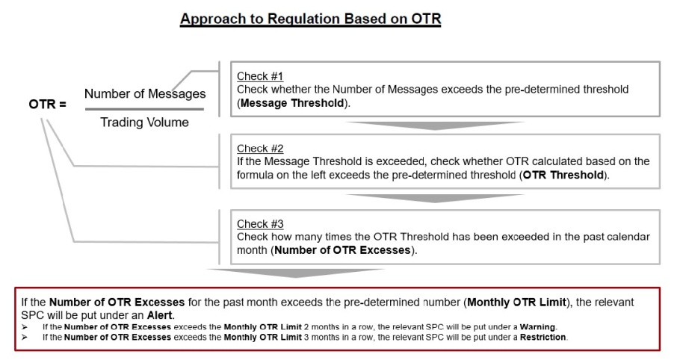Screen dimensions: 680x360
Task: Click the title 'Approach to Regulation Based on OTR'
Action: (x=311, y=19)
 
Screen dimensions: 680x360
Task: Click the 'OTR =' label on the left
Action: (x=48, y=105)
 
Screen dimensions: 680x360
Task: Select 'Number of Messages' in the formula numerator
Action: (x=145, y=93)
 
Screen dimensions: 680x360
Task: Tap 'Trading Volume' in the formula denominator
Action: (x=144, y=122)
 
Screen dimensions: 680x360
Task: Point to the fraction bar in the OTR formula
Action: (x=144, y=109)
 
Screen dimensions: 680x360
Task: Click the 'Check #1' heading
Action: (x=260, y=76)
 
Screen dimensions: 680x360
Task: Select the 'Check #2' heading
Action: (x=260, y=148)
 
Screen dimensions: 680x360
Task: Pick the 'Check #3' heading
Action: (x=260, y=223)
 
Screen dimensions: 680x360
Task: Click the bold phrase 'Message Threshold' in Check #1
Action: (x=292, y=103)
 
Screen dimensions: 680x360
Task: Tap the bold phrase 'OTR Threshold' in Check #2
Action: (x=563, y=175)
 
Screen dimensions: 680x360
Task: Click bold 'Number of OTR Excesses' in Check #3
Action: (x=342, y=250)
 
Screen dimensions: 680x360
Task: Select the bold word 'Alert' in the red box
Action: (x=160, y=315)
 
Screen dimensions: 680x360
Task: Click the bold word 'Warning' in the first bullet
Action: (x=537, y=327)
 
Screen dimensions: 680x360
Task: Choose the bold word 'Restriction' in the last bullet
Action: (x=543, y=337)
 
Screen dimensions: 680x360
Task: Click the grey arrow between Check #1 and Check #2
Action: (x=435, y=125)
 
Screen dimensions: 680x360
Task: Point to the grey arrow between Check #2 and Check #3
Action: (x=435, y=198)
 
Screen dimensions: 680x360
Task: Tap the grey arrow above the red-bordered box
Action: (x=296, y=273)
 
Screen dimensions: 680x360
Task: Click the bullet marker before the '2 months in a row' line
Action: (x=24, y=327)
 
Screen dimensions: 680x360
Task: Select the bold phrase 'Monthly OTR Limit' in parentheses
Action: (x=516, y=302)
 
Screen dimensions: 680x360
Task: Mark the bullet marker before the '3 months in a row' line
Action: (x=24, y=337)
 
